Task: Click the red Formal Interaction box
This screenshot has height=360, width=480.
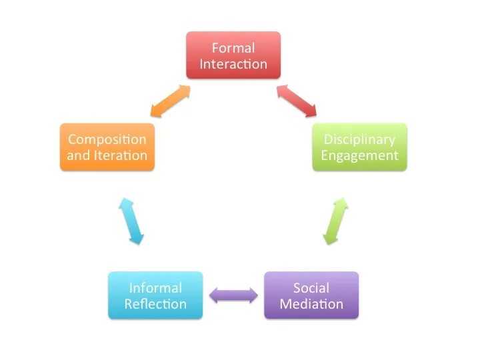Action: pyautogui.click(x=233, y=55)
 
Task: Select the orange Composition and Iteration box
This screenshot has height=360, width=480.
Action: pyautogui.click(x=107, y=147)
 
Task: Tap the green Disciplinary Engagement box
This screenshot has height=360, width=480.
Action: pyautogui.click(x=359, y=147)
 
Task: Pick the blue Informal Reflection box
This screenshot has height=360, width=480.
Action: pyautogui.click(x=155, y=295)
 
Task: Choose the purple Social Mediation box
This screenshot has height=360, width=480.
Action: pyautogui.click(x=311, y=295)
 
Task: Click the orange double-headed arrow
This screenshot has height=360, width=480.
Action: pyautogui.click(x=171, y=101)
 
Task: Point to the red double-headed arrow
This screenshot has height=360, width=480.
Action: pyautogui.click(x=297, y=101)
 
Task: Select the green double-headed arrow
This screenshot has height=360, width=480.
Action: pyautogui.click(x=335, y=221)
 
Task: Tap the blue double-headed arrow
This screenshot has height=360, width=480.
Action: pyautogui.click(x=131, y=221)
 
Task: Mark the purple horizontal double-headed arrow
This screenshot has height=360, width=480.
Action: pyautogui.click(x=233, y=295)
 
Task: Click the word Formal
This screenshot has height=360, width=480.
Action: pyautogui.click(x=233, y=48)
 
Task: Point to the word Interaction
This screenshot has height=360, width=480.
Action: pyautogui.click(x=233, y=64)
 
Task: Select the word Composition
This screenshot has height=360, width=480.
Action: pyautogui.click(x=107, y=140)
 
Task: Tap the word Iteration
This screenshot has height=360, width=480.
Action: pyautogui.click(x=121, y=155)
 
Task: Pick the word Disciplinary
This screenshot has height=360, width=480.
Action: pyautogui.click(x=359, y=140)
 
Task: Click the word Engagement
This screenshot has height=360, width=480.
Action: pyautogui.click(x=359, y=156)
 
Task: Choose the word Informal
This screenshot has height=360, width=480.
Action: pyautogui.click(x=155, y=288)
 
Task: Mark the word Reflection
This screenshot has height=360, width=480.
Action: pyautogui.click(x=155, y=304)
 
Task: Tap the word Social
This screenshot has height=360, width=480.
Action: pyautogui.click(x=311, y=288)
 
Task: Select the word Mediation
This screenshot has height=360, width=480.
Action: pyautogui.click(x=311, y=304)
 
